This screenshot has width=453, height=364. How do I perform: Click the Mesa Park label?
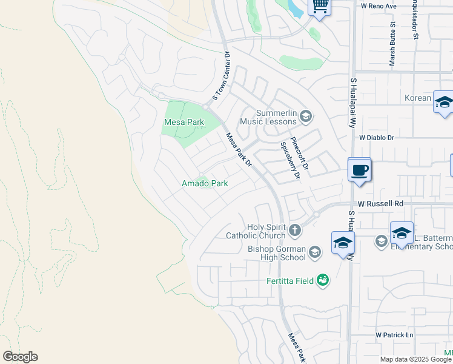(x=184, y=122)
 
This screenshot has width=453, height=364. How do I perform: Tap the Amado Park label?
(x=205, y=183)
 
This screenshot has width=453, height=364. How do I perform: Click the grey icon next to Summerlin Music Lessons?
(x=306, y=115)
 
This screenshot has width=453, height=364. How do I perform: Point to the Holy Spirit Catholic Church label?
(x=255, y=231)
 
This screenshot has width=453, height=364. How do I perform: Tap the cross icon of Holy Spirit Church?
(x=295, y=230)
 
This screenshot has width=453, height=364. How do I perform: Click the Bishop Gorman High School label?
(x=277, y=253)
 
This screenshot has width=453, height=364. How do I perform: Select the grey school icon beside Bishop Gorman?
(x=314, y=252)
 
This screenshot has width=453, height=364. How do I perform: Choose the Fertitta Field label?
(x=291, y=281)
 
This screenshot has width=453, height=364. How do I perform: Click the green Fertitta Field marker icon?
(x=323, y=280)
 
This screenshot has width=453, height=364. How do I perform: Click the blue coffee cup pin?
(x=360, y=169)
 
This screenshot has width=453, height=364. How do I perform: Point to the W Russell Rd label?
(x=380, y=204)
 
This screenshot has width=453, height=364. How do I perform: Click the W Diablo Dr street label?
(x=376, y=138)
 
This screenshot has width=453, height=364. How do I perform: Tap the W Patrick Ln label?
(x=394, y=335)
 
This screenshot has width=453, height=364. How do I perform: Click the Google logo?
(x=20, y=357)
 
